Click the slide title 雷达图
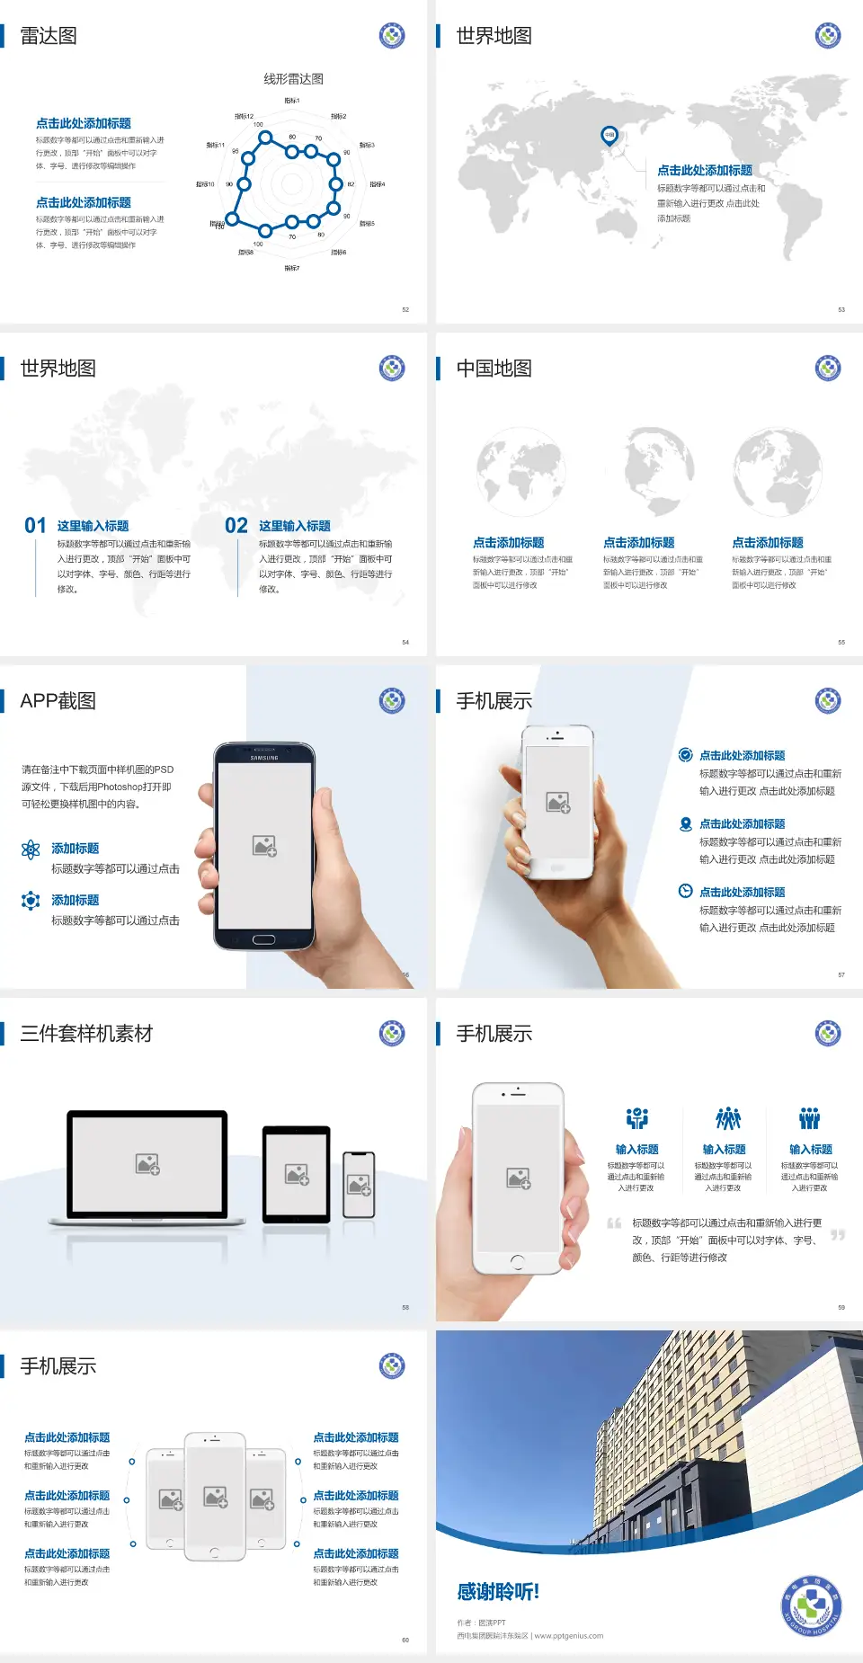click(x=49, y=36)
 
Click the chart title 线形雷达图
click(x=293, y=79)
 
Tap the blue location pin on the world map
click(x=609, y=135)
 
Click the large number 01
click(x=35, y=525)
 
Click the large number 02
click(x=236, y=525)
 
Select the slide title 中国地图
click(x=494, y=369)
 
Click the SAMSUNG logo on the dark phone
click(x=264, y=758)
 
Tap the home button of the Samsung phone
click(x=263, y=939)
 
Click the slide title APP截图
click(x=58, y=701)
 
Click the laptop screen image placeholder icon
click(x=147, y=1164)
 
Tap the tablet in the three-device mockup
click(x=296, y=1174)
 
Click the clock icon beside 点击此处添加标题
click(x=685, y=891)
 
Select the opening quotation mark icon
click(x=614, y=1223)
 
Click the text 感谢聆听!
click(x=498, y=1592)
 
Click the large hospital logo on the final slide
click(x=811, y=1605)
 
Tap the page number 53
click(x=841, y=309)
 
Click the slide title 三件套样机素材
click(x=86, y=1034)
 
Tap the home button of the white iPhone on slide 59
click(x=517, y=1261)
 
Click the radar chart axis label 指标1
click(x=291, y=101)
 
